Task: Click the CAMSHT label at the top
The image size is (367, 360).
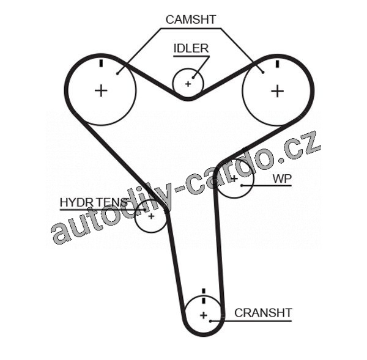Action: [190, 20]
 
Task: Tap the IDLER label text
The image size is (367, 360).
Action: [191, 48]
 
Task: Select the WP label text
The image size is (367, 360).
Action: [282, 178]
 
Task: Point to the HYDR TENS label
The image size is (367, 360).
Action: [94, 202]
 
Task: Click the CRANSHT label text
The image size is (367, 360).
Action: [263, 313]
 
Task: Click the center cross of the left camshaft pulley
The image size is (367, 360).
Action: [101, 90]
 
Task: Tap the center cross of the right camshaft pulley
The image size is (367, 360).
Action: [278, 90]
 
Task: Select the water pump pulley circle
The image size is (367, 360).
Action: [234, 179]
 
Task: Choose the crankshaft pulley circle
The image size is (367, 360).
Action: [203, 315]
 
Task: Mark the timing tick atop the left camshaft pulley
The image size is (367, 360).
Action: [100, 63]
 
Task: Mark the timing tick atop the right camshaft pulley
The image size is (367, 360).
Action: [277, 63]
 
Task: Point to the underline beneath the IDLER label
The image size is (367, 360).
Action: [191, 56]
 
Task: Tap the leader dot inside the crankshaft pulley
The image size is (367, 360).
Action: [210, 320]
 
